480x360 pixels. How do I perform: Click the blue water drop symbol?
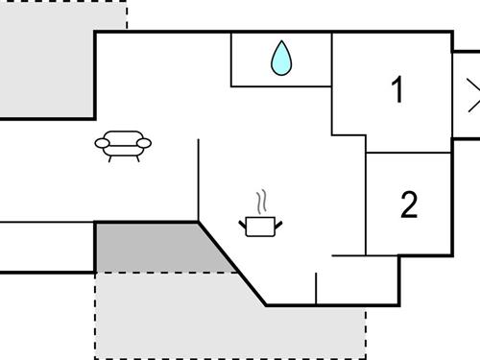tap(280, 59)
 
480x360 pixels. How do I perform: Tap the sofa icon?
tap(124, 145)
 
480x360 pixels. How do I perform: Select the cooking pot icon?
tap(260, 226)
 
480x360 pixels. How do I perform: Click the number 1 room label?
tap(397, 90)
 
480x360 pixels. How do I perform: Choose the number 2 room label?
tap(409, 204)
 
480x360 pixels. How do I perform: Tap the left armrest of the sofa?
tap(103, 144)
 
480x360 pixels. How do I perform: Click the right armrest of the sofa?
tap(145, 143)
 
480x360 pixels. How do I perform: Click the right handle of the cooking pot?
tap(278, 224)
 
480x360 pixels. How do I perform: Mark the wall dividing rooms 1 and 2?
tap(409, 152)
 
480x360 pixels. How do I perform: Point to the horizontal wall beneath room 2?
tap(363, 255)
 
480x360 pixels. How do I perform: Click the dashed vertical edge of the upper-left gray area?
tap(126, 15)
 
